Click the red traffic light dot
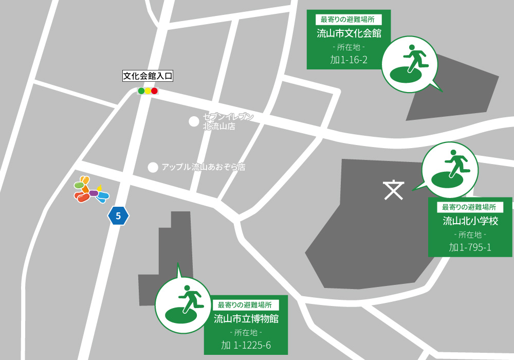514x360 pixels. pos(154,91)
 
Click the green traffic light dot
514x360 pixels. pos(141,91)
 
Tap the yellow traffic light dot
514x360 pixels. pos(148,91)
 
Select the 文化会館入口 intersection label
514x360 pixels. pos(148,76)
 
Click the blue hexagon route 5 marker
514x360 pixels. pos(118,216)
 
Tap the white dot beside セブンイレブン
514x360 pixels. pos(194,121)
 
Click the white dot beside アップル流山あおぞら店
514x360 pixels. pos(153,167)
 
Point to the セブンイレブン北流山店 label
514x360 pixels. pos(228,121)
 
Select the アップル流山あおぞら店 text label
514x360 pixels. pos(203,167)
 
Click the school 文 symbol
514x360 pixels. pos(393,190)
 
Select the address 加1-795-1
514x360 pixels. pos(470,247)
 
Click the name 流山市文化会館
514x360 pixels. pos(348,34)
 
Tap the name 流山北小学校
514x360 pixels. pos(470,221)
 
